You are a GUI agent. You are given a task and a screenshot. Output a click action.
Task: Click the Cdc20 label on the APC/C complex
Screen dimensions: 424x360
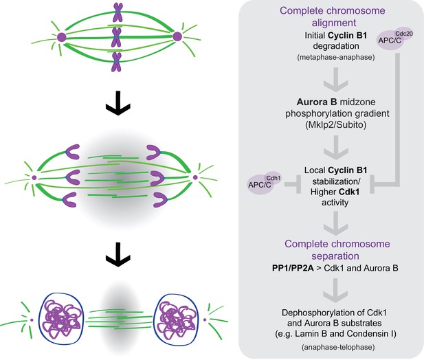[404, 34]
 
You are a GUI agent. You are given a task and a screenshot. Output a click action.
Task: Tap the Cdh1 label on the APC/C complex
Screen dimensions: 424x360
[274, 178]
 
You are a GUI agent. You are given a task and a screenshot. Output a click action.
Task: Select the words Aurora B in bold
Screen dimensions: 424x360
[317, 102]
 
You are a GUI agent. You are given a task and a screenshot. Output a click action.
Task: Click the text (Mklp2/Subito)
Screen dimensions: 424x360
[336, 124]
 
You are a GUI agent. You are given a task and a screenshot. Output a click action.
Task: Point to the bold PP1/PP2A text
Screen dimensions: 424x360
[293, 268]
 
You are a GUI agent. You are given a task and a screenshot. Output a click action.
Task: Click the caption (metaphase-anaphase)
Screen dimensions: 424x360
[336, 57]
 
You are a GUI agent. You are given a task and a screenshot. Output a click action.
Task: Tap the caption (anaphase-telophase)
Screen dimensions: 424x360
[338, 347]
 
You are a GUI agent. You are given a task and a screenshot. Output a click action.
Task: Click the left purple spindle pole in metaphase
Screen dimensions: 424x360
[61, 37]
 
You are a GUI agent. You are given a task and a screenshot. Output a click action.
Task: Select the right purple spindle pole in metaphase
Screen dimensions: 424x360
[177, 36]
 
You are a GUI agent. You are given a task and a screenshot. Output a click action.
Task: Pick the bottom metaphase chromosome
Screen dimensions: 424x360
[117, 62]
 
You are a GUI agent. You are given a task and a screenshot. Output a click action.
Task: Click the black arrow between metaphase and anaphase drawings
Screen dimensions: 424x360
[118, 103]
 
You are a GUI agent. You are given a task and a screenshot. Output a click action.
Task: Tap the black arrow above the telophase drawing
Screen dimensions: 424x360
[118, 255]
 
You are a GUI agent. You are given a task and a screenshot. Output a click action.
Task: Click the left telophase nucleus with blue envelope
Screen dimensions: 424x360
[62, 318]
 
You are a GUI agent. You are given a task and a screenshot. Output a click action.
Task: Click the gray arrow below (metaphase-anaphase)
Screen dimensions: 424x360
[336, 80]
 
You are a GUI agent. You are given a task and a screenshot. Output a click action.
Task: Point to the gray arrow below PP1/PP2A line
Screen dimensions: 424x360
[336, 291]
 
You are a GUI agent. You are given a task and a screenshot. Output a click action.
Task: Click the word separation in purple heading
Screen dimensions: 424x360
[335, 256]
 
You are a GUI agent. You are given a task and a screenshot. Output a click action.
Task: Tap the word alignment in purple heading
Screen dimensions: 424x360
[334, 23]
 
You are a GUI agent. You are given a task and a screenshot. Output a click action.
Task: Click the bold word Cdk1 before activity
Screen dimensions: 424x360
[349, 192]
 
